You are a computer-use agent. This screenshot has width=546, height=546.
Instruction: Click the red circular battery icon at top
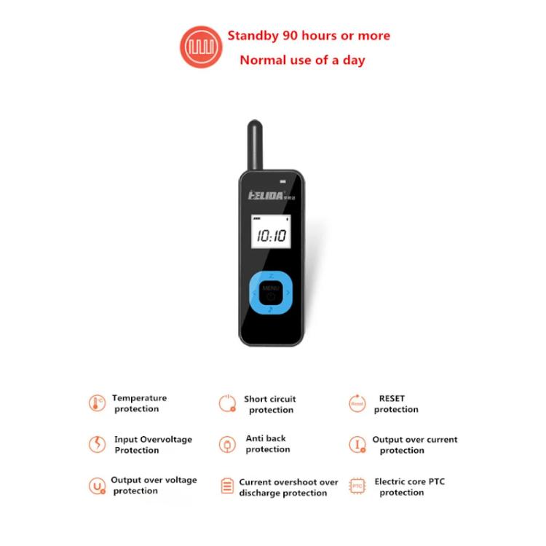[201, 47]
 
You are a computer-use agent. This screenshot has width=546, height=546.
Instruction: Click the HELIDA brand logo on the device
[266, 195]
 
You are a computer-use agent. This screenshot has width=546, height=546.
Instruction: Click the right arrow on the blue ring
[288, 293]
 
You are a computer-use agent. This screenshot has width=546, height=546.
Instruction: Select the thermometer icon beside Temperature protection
[97, 403]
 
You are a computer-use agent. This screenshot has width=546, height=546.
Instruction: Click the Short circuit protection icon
[227, 403]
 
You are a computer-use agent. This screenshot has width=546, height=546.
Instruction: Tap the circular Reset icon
[357, 403]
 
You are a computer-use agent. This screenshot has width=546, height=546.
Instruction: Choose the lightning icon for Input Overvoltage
[97, 444]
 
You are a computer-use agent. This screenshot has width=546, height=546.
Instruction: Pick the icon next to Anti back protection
[227, 444]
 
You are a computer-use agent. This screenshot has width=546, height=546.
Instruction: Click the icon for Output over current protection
[357, 444]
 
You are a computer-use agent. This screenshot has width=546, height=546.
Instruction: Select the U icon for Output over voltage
[97, 486]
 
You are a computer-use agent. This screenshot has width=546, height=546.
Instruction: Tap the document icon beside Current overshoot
[227, 486]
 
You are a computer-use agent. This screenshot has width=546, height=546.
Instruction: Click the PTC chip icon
[357, 486]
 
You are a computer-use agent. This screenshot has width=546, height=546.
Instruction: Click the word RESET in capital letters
[392, 399]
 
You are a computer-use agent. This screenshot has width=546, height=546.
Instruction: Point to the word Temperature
[139, 398]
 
